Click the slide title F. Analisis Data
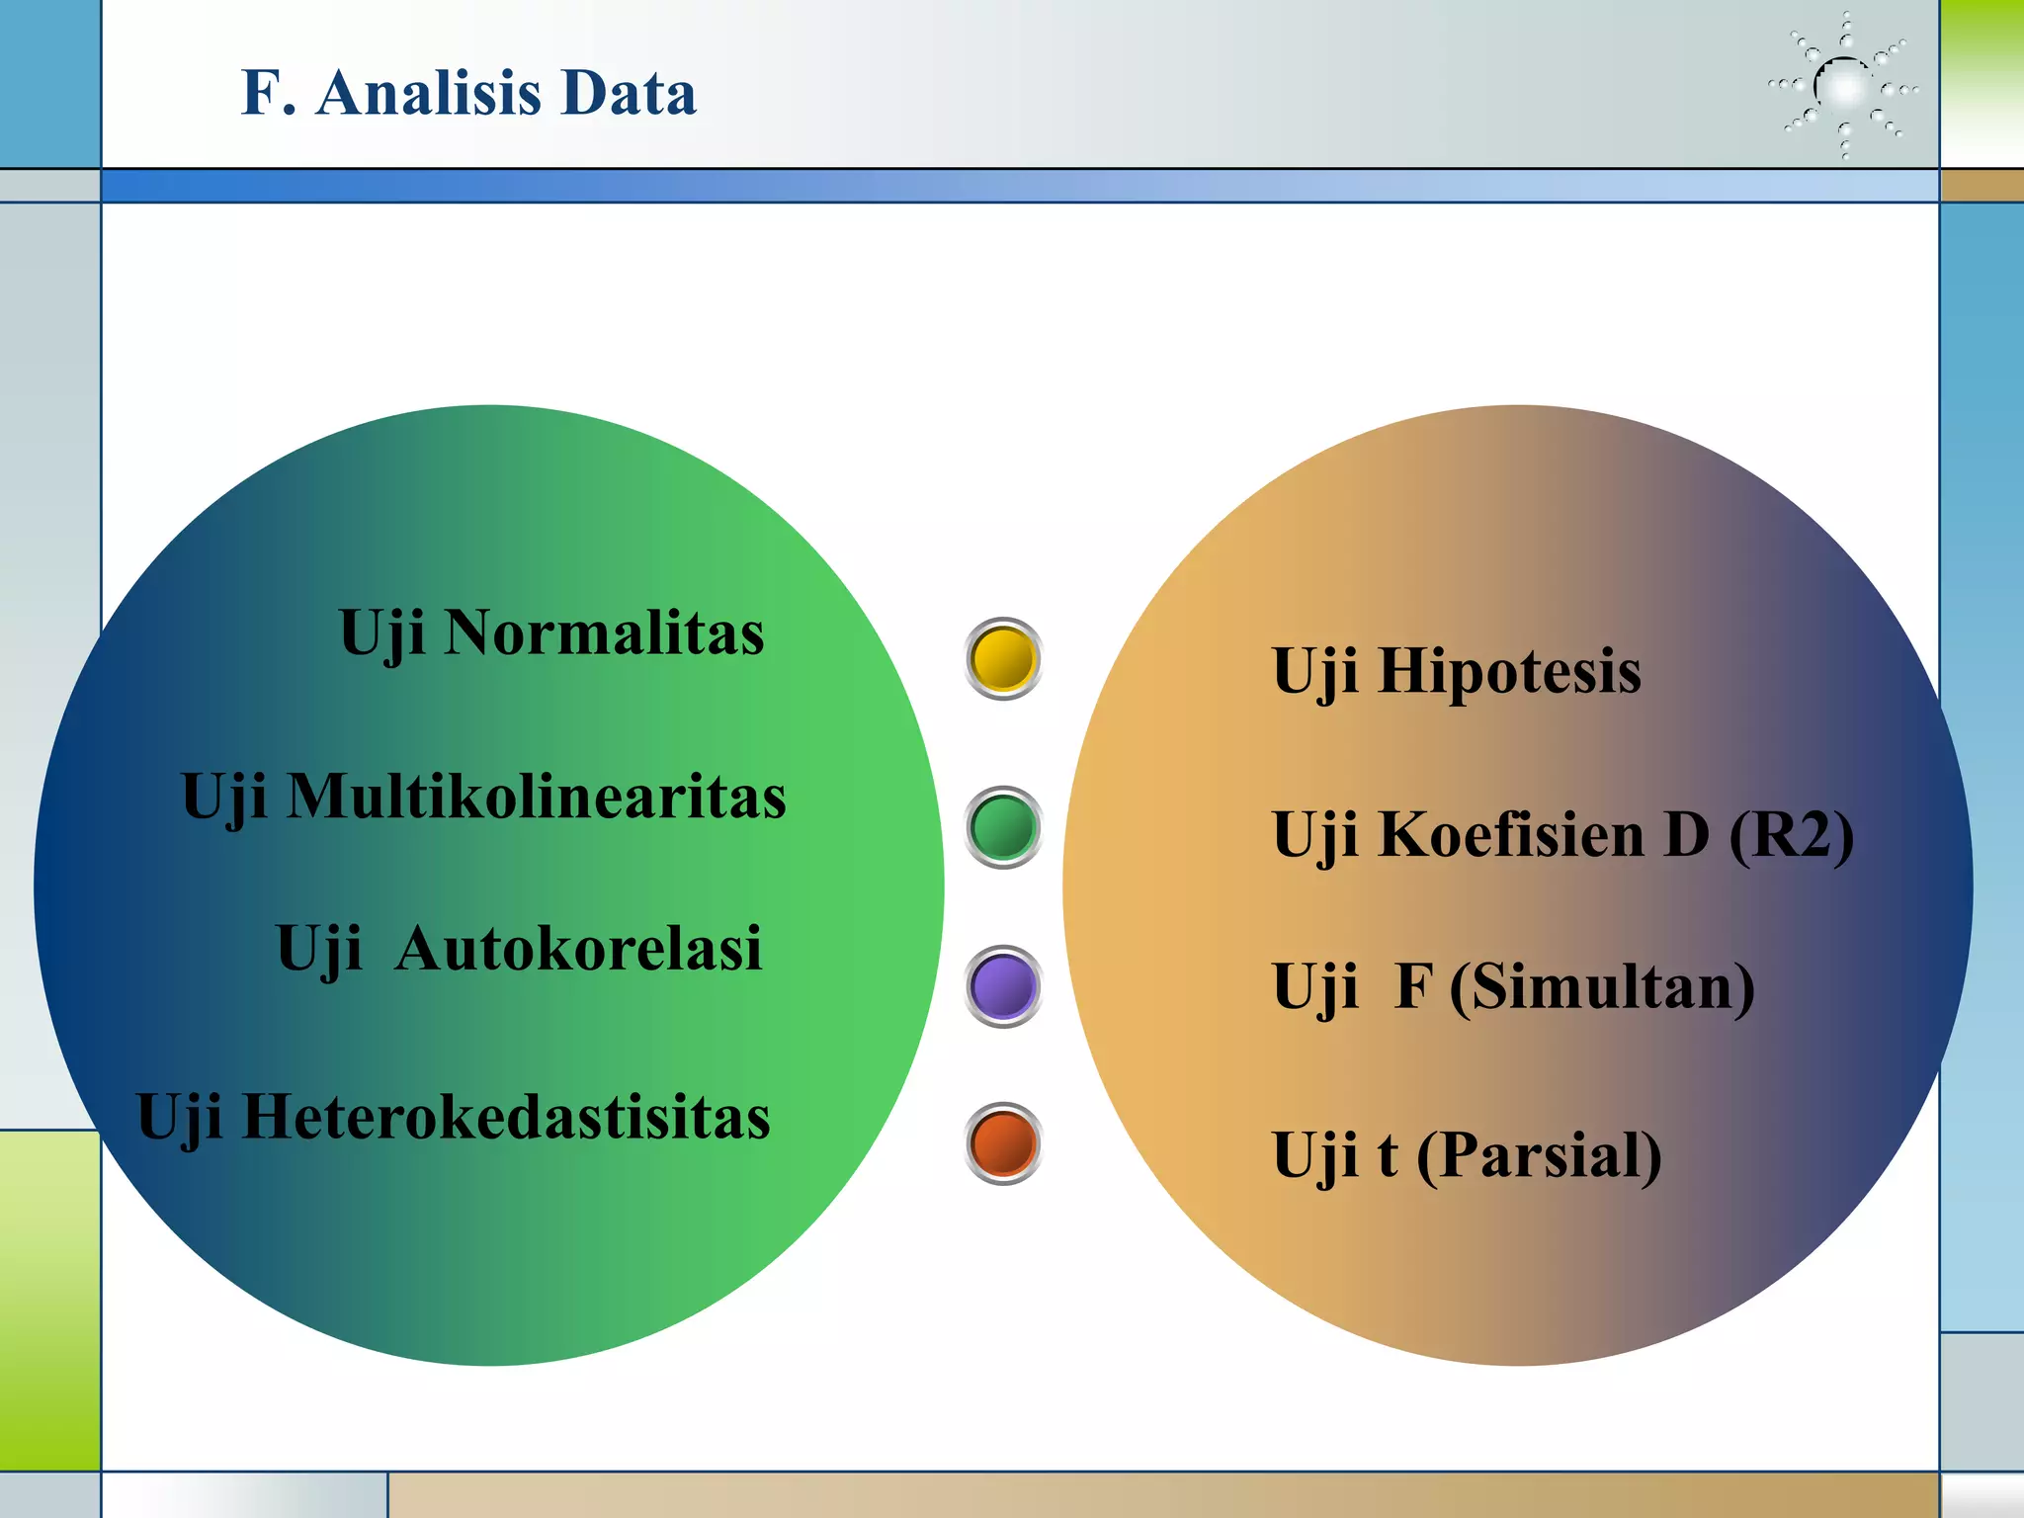[468, 93]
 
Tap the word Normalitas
[604, 632]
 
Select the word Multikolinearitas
[537, 797]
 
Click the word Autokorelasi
[578, 949]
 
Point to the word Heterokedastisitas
[505, 1117]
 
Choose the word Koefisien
[1511, 834]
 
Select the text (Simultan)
[1602, 987]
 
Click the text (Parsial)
[1539, 1155]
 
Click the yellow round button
[1003, 659]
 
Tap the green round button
[1003, 827]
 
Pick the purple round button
[1003, 986]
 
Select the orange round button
[1003, 1143]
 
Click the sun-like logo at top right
[1844, 87]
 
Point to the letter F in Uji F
[1413, 986]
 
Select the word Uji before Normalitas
[381, 633]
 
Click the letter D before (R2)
[1686, 834]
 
